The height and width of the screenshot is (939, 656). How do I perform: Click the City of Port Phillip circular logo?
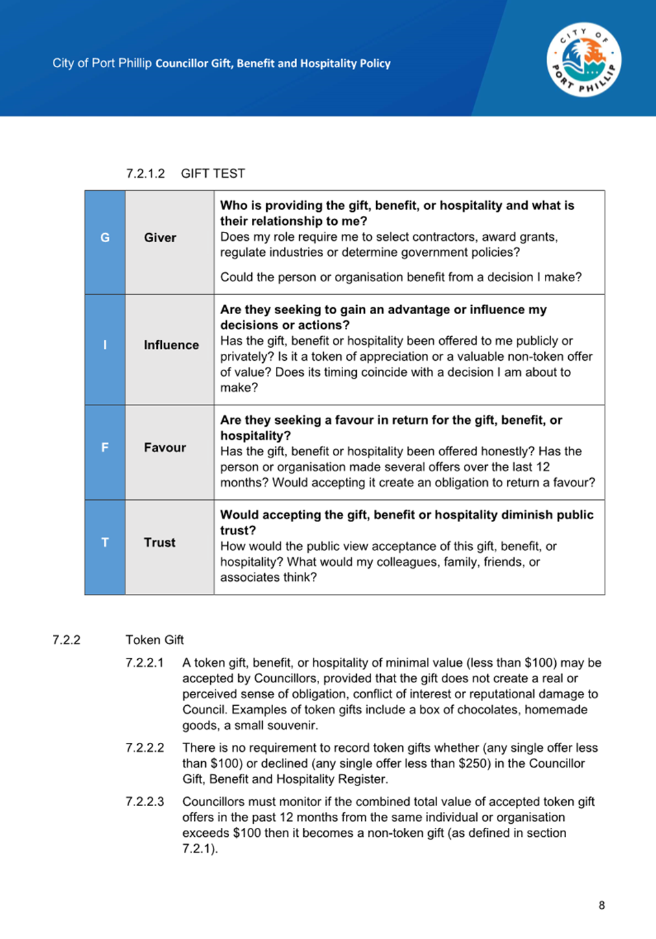pyautogui.click(x=584, y=60)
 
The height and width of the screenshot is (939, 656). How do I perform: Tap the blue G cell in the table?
pyautogui.click(x=105, y=238)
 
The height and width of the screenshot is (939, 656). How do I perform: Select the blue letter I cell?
pyautogui.click(x=105, y=345)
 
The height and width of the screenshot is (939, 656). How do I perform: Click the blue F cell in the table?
pyautogui.click(x=105, y=448)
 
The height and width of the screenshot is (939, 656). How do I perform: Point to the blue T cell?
pyautogui.click(x=105, y=543)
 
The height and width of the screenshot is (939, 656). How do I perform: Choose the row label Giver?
pyautogui.click(x=160, y=238)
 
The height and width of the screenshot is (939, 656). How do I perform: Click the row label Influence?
pyautogui.click(x=171, y=345)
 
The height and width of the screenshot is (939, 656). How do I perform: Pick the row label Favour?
pyautogui.click(x=165, y=448)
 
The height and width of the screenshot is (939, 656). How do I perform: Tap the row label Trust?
pyautogui.click(x=159, y=543)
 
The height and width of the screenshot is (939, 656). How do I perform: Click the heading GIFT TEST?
pyautogui.click(x=213, y=174)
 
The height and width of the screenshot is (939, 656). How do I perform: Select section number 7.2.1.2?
pyautogui.click(x=145, y=174)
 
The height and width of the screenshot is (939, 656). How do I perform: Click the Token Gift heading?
pyautogui.click(x=154, y=640)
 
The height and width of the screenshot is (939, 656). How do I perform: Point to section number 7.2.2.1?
pyautogui.click(x=145, y=663)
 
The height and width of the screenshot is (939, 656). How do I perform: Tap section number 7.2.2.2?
pyautogui.click(x=145, y=748)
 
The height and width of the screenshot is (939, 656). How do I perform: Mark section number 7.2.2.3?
pyautogui.click(x=145, y=802)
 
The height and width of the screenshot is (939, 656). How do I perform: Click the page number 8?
pyautogui.click(x=602, y=905)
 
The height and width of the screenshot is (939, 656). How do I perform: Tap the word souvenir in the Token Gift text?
pyautogui.click(x=295, y=726)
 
